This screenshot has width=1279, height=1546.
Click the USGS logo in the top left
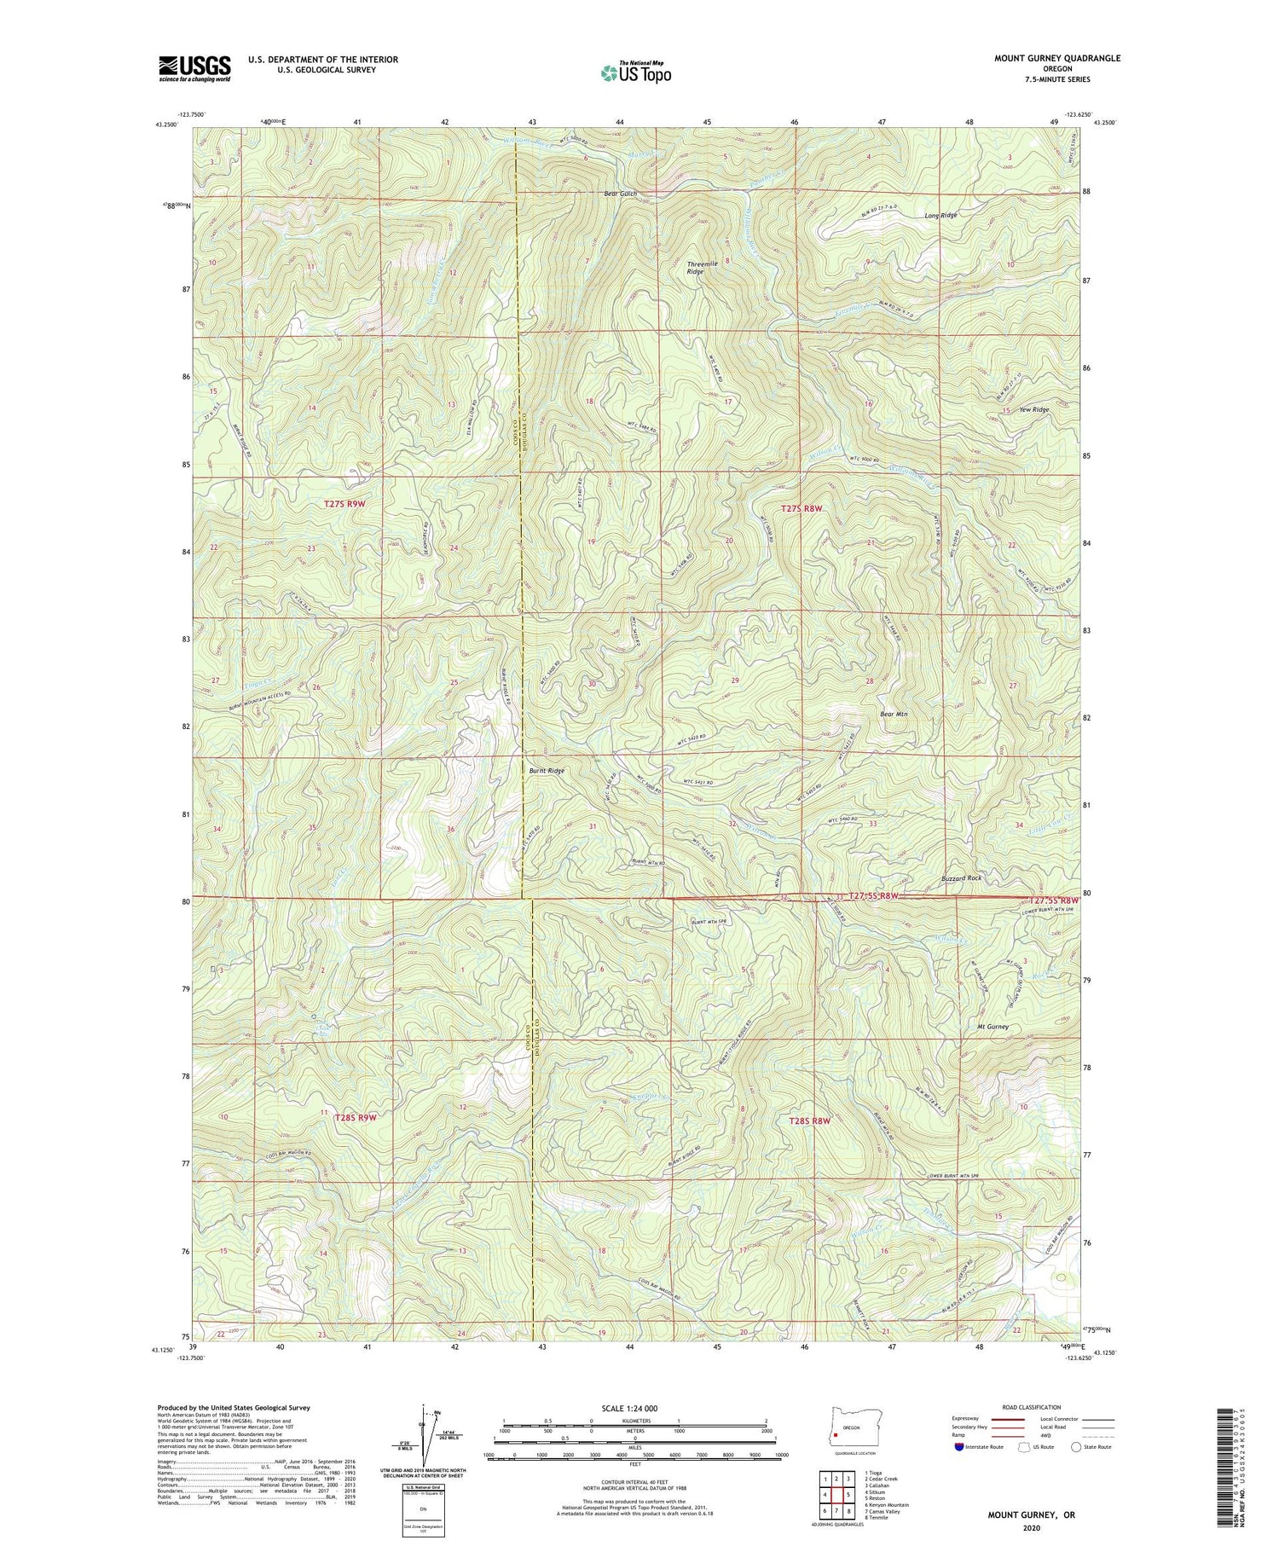(194, 68)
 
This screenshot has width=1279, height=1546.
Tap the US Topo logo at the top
(635, 72)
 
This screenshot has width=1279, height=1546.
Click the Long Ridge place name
(941, 216)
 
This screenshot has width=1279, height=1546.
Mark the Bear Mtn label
(893, 715)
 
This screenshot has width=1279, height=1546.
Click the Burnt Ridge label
(547, 771)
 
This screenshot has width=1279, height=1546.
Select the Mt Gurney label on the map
(993, 1027)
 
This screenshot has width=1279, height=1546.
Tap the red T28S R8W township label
(808, 1121)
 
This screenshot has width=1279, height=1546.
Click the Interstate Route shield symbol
(959, 1447)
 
